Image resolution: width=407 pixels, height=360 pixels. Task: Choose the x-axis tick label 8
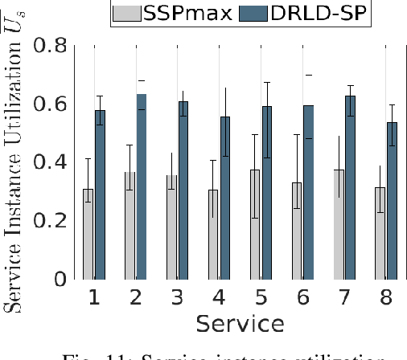pyautogui.click(x=387, y=298)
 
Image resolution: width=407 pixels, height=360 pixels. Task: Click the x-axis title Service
pyautogui.click(x=240, y=324)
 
